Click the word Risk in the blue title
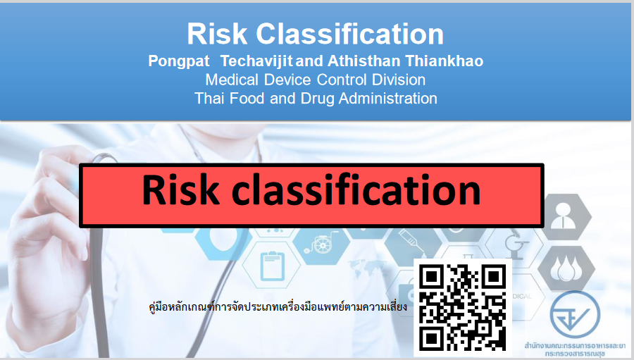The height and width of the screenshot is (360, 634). pos(217,34)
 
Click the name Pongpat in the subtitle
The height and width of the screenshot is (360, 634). pos(179,61)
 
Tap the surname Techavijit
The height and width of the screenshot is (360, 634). pos(256,61)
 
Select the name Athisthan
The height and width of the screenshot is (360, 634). pos(366,61)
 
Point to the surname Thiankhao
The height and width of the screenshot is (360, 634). pos(445,61)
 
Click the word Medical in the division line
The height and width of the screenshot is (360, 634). pos(232,80)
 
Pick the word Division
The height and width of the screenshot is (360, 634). pos(399,80)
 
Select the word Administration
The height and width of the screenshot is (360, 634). pos(387,99)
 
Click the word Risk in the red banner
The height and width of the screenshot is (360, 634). pos(180,190)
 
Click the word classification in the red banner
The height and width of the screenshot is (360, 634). pos(356,189)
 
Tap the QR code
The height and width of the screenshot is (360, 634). pos(463,307)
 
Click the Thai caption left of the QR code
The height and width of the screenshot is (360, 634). pos(278,307)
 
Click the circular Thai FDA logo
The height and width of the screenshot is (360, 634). pos(575,315)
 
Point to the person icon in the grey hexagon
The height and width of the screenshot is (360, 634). pos(564,216)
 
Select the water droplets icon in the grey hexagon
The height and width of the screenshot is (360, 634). pos(566,268)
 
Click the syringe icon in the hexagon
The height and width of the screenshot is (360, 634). pos(412,242)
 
